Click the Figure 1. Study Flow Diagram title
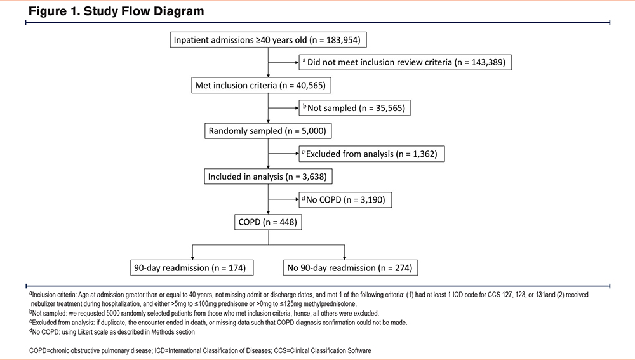(x=116, y=11)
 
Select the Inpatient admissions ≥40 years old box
(x=268, y=40)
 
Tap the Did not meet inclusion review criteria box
(x=405, y=62)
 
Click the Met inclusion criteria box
(x=261, y=86)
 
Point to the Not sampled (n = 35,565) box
(x=354, y=108)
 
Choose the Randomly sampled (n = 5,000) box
(x=268, y=131)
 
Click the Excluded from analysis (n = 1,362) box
(x=371, y=154)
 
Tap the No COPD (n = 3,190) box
(x=345, y=199)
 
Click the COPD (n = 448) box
(x=268, y=222)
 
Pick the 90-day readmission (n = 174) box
(x=192, y=268)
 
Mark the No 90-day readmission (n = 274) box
(x=351, y=268)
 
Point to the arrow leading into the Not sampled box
(x=283, y=108)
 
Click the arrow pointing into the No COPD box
(x=283, y=199)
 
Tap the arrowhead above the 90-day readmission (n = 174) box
(x=192, y=258)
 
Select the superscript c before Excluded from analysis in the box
(x=303, y=152)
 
